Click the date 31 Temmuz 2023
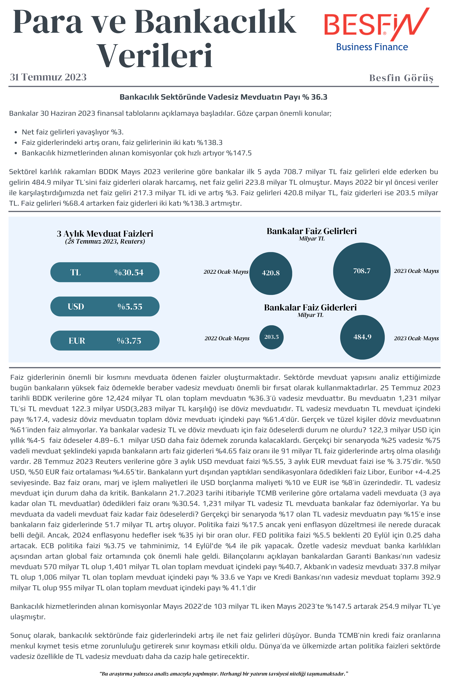(48, 77)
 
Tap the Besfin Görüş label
(401, 78)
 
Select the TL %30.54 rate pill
(105, 272)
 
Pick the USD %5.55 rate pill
(105, 307)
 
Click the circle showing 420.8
(270, 273)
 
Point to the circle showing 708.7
(362, 271)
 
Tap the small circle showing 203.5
(271, 337)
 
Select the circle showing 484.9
(362, 337)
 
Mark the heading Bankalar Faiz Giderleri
(310, 307)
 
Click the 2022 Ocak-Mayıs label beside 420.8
(226, 272)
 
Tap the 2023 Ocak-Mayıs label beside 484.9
(416, 338)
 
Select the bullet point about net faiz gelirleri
(72, 132)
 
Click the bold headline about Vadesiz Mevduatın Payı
(223, 97)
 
